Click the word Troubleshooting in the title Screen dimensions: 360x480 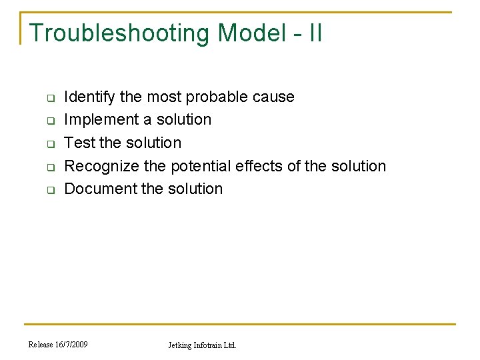coord(119,33)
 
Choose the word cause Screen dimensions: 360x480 coord(274,97)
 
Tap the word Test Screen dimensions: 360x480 coord(79,143)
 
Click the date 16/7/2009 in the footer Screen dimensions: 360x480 coord(72,345)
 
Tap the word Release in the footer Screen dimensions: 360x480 coord(41,345)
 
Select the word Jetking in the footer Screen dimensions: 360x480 coord(179,345)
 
